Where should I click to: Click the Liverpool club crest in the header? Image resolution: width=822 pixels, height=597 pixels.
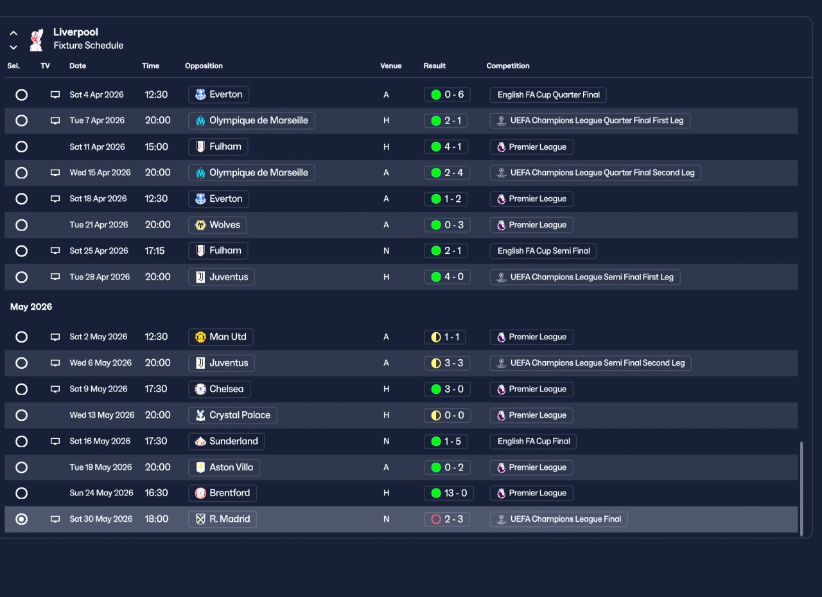pyautogui.click(x=37, y=39)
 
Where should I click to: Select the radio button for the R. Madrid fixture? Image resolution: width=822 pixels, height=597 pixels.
pyautogui.click(x=22, y=519)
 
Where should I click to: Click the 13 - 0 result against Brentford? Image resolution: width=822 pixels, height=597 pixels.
pyautogui.click(x=447, y=493)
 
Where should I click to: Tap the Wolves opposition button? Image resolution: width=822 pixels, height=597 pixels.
pyautogui.click(x=218, y=225)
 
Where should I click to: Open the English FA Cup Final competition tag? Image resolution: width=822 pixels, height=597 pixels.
pyautogui.click(x=533, y=441)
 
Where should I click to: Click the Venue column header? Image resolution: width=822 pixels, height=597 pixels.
pyautogui.click(x=390, y=66)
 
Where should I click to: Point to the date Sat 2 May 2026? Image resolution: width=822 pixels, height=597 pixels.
pyautogui.click(x=98, y=337)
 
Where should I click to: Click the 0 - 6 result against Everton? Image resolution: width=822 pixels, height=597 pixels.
pyautogui.click(x=447, y=94)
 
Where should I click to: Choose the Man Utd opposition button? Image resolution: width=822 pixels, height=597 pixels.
pyautogui.click(x=221, y=337)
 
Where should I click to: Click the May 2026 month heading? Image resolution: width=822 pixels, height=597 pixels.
pyautogui.click(x=31, y=307)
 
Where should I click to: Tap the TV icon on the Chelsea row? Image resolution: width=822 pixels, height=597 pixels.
pyautogui.click(x=55, y=389)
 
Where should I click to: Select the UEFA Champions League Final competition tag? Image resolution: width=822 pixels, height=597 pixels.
pyautogui.click(x=558, y=519)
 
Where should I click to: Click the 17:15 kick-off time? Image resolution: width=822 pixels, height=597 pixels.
pyautogui.click(x=155, y=251)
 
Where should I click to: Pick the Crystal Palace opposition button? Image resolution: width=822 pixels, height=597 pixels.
pyautogui.click(x=233, y=415)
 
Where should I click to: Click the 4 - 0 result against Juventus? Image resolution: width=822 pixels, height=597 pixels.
pyautogui.click(x=447, y=277)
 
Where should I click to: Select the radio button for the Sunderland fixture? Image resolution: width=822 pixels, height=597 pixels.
pyautogui.click(x=22, y=441)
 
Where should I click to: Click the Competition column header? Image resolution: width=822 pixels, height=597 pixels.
pyautogui.click(x=507, y=66)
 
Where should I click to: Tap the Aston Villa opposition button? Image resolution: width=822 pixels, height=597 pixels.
pyautogui.click(x=224, y=467)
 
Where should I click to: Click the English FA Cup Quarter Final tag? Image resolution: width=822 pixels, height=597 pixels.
pyautogui.click(x=548, y=94)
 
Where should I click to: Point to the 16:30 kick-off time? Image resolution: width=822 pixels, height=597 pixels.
pyautogui.click(x=157, y=493)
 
